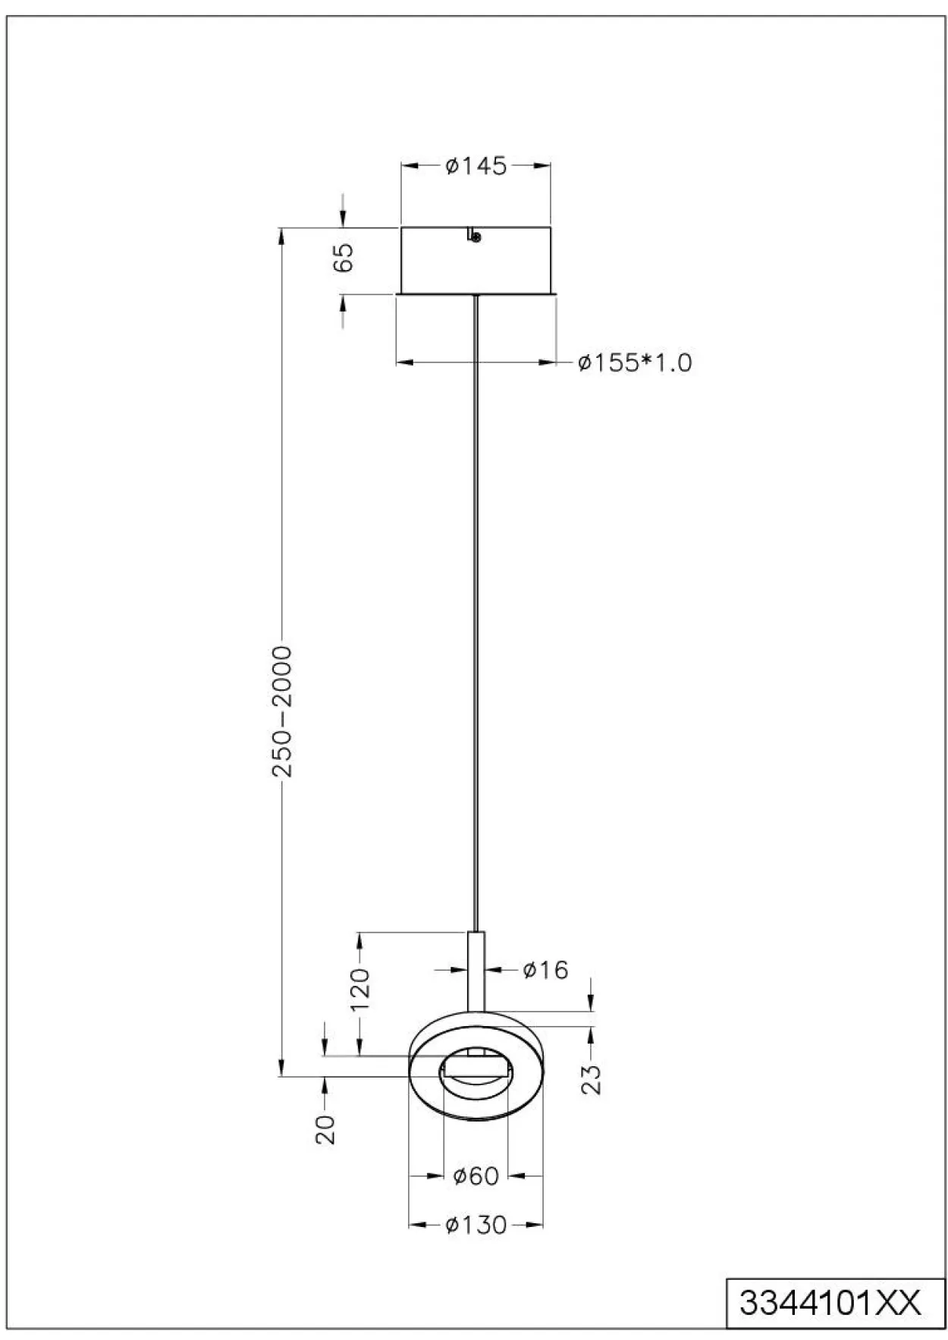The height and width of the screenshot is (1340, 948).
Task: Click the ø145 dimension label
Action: click(476, 165)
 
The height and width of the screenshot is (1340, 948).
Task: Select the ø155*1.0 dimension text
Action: click(635, 362)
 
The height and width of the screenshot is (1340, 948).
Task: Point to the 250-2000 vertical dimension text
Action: click(282, 712)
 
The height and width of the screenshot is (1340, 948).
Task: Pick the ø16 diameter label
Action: click(546, 969)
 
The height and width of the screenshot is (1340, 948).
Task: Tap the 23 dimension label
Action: click(593, 1078)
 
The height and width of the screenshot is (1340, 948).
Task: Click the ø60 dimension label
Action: click(476, 1176)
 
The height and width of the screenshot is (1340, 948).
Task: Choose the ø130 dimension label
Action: click(476, 1225)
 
